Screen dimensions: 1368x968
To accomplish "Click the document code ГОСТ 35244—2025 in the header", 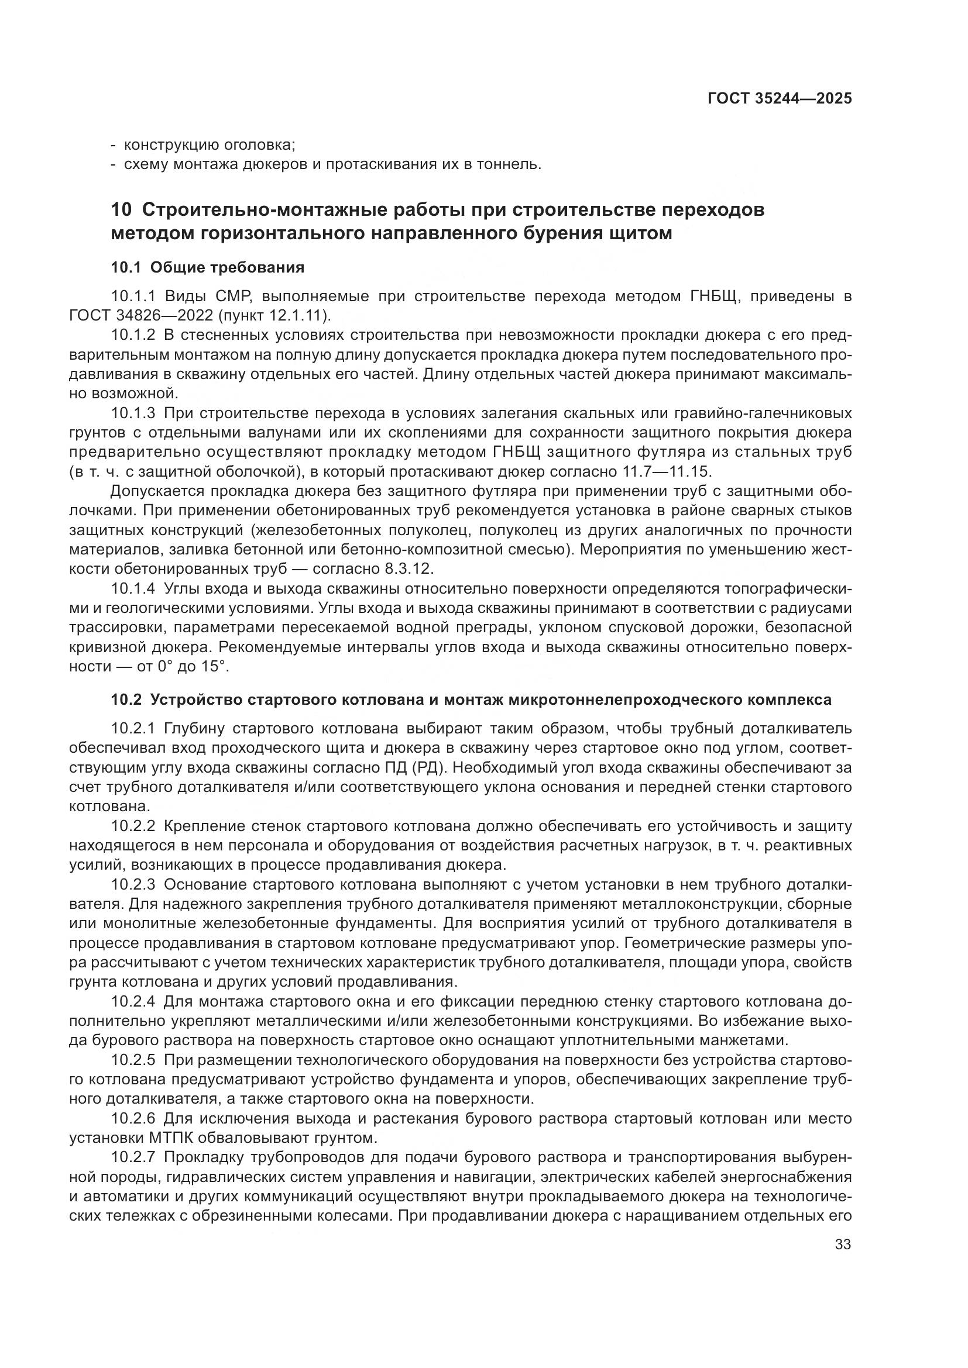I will pos(779,99).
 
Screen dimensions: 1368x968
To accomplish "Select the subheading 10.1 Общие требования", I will pos(207,267).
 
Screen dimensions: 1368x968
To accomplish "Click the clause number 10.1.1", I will pos(133,296).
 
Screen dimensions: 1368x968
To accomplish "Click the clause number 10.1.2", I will pos(133,336).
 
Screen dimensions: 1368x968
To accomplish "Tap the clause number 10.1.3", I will pos(133,413).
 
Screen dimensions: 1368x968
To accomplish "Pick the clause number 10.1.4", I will pos(133,589).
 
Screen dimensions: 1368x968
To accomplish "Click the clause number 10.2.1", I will pos(133,728).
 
